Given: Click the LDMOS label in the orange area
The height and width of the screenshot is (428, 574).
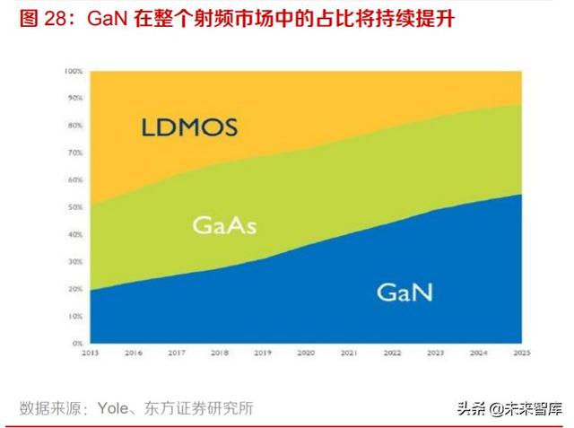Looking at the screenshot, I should coord(189,127).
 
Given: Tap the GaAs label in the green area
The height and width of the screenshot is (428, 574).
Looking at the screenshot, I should coord(224,225).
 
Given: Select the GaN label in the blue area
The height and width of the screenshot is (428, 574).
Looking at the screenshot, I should coord(404,292).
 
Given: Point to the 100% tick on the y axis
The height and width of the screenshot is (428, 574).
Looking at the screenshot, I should coord(74,71).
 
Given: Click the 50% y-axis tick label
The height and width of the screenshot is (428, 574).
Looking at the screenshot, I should coord(75,207).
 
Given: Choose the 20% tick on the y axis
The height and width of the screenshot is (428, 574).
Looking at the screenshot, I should coord(75,290).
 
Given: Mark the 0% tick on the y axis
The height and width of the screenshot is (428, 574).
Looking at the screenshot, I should coord(77,344).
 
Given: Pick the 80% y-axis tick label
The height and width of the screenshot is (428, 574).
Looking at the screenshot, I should coord(75,125).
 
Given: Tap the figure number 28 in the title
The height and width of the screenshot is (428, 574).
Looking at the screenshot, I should coord(56,17).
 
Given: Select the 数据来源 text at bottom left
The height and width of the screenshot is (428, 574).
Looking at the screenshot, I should coord(49,407).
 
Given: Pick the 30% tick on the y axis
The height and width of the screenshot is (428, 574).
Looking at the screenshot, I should coord(75,262).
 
